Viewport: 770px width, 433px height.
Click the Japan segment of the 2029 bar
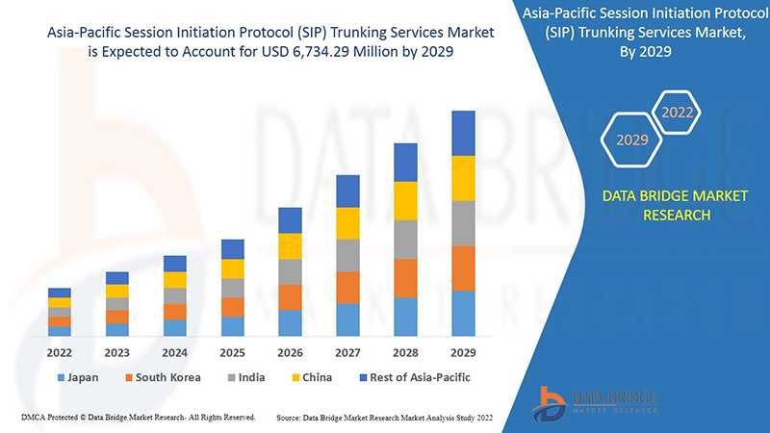point(463,314)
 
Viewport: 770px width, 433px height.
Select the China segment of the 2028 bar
point(405,200)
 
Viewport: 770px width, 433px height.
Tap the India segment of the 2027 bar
point(347,255)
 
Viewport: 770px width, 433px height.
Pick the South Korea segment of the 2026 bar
point(290,297)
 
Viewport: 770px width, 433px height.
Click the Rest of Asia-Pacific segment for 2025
point(232,249)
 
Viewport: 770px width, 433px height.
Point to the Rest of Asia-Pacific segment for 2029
point(463,133)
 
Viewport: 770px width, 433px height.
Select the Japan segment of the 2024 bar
point(174,328)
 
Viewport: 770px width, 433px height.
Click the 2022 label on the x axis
point(60,353)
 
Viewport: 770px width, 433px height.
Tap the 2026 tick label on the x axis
point(290,353)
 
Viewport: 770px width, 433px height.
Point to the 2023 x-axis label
point(117,353)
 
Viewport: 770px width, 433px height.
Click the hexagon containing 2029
point(632,140)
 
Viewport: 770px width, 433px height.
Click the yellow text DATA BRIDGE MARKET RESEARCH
point(660,205)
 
